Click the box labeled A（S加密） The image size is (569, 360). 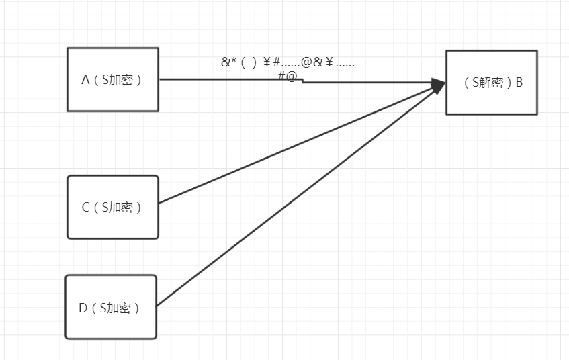click(113, 79)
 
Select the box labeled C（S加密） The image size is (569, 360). click(113, 207)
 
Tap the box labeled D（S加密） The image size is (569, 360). click(111, 307)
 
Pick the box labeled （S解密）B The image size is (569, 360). click(491, 83)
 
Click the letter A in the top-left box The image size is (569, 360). click(85, 80)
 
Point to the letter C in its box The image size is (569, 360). click(85, 208)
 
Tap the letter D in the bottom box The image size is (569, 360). click(83, 308)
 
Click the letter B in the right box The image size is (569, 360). click(519, 83)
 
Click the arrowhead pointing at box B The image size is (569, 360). click(439, 85)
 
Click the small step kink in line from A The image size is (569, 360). click(302, 81)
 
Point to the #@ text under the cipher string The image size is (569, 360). click(287, 76)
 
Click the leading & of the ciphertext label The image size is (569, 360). click(225, 62)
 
